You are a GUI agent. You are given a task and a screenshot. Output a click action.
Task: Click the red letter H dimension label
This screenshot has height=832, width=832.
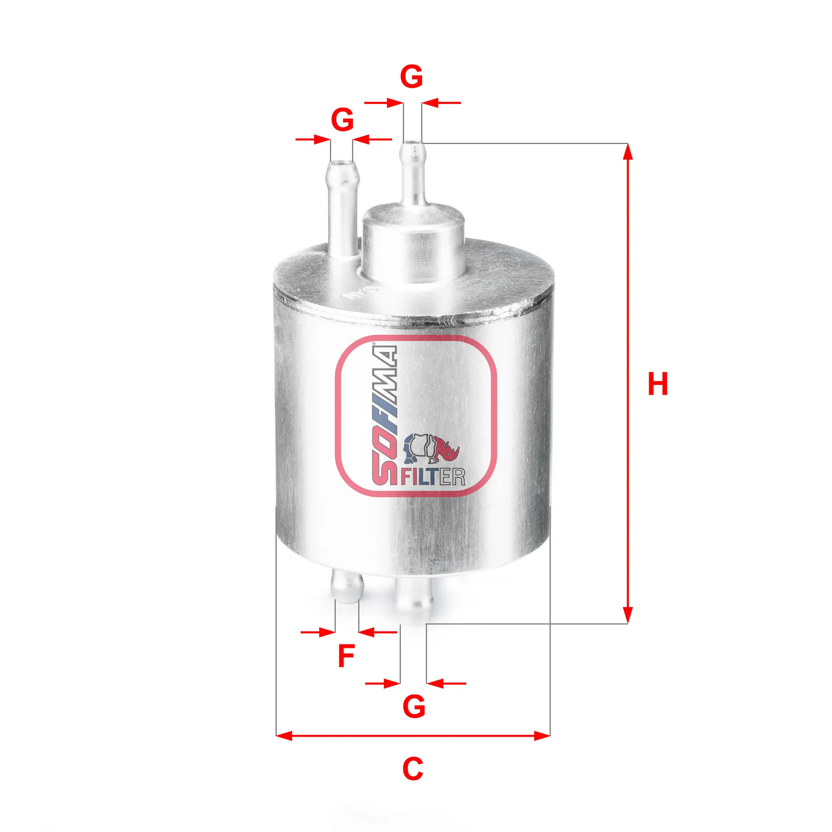pyautogui.click(x=657, y=384)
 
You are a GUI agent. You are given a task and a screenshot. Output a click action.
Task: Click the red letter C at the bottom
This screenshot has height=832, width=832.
pyautogui.click(x=412, y=769)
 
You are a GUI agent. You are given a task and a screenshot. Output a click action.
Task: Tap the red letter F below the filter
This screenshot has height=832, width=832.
pyautogui.click(x=346, y=656)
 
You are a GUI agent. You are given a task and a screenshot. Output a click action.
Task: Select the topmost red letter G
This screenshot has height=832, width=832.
pyautogui.click(x=411, y=77)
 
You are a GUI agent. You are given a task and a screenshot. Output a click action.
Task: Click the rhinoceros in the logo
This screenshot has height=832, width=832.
pyautogui.click(x=432, y=449)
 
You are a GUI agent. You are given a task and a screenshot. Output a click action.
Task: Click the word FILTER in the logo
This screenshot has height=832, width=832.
pyautogui.click(x=432, y=477)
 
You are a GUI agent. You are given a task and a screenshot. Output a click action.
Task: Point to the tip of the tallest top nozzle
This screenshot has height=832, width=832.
pyautogui.click(x=413, y=146)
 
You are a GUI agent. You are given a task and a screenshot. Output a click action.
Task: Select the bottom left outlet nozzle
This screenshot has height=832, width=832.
pyautogui.click(x=347, y=588)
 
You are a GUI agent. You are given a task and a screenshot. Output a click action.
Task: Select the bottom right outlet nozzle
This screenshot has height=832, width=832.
pyautogui.click(x=413, y=600)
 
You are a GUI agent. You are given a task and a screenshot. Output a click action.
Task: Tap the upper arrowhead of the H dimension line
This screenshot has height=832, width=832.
pyautogui.click(x=627, y=151)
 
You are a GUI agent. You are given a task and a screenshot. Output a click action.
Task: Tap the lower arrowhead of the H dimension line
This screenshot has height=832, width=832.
pyautogui.click(x=627, y=616)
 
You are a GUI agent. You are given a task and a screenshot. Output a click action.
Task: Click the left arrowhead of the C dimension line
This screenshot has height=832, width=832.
pyautogui.click(x=284, y=735)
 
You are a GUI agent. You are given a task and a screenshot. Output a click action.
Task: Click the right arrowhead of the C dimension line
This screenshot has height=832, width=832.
pyautogui.click(x=542, y=735)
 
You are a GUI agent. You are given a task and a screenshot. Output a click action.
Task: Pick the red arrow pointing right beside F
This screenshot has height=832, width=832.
pyautogui.click(x=318, y=632)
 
